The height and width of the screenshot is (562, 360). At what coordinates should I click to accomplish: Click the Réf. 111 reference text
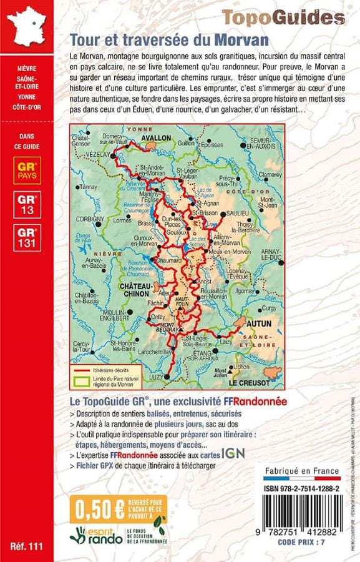[27, 547]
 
